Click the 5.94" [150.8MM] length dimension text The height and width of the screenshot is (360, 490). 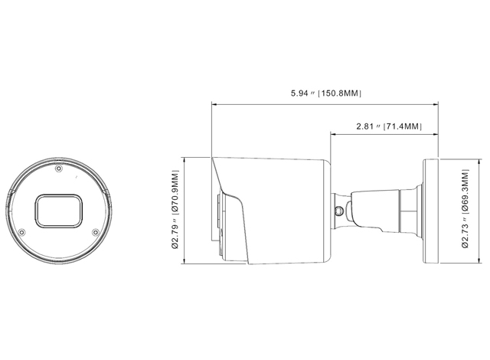click(x=326, y=93)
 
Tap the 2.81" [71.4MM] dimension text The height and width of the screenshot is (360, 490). click(x=389, y=126)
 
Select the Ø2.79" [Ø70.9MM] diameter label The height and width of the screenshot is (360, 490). click(x=175, y=209)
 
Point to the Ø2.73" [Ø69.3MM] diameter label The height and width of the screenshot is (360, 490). click(x=465, y=208)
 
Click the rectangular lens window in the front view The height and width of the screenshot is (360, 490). click(x=58, y=210)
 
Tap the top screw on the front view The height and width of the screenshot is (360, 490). click(x=58, y=169)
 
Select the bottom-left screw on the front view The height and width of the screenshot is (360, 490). click(x=21, y=233)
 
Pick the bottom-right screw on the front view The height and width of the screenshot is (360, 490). click(x=96, y=232)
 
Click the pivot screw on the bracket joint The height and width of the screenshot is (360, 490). click(x=339, y=211)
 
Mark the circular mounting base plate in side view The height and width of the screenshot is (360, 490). click(x=431, y=211)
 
